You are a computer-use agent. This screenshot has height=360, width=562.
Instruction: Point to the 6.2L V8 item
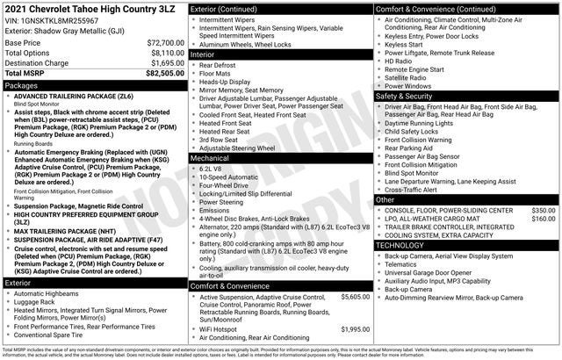(x=211, y=168)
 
